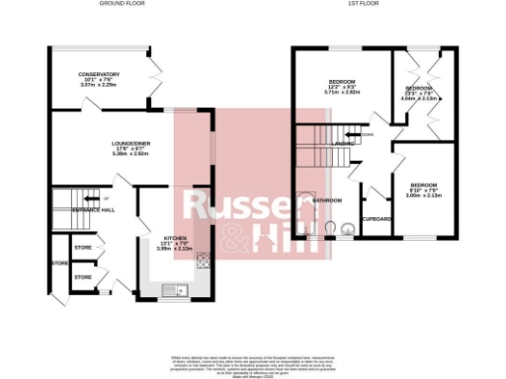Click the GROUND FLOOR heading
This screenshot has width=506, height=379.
tap(123, 4)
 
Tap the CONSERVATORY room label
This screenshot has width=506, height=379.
tap(100, 74)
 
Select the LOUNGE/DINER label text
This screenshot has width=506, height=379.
tap(130, 144)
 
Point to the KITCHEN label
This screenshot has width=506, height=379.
tap(175, 238)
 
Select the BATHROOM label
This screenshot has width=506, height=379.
tap(327, 201)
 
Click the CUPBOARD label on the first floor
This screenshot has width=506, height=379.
tap(375, 219)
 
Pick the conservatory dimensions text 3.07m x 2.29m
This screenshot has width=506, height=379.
tap(100, 85)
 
